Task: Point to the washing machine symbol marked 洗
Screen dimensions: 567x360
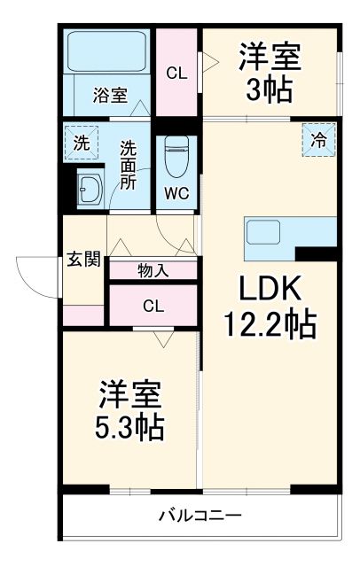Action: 81,142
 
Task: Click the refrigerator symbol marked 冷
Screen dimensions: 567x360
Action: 318,138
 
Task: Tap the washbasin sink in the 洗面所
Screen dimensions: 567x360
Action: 90,187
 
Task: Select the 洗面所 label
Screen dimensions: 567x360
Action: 129,163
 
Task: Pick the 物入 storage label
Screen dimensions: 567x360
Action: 153,272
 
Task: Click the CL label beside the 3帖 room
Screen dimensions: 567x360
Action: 177,74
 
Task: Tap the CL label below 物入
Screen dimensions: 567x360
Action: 153,307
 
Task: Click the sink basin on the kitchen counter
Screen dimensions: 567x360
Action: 264,232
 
